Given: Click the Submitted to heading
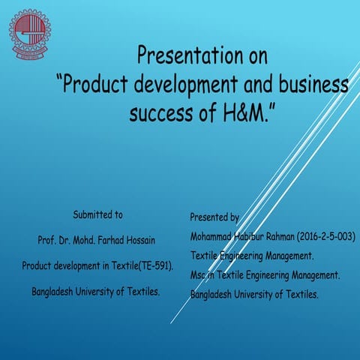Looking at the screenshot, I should pos(97,215).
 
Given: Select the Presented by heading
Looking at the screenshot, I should pos(214,217).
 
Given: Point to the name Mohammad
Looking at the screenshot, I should pos(214,237).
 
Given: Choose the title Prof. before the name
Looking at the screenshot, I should pos(47,241).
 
